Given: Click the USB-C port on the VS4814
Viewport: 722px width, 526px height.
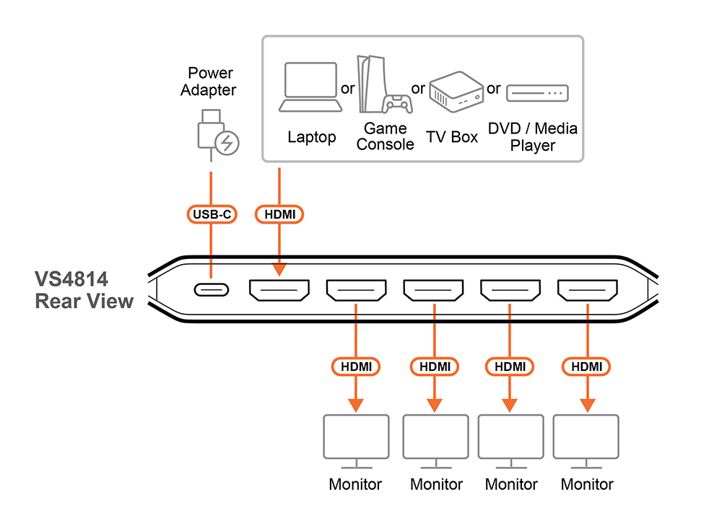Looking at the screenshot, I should pos(211,290).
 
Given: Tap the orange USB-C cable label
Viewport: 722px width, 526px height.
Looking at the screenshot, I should pos(211,214).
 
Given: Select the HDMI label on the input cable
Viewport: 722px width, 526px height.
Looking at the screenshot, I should pos(279,214).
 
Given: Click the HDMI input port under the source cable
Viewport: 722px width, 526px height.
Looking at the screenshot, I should pos(279,290).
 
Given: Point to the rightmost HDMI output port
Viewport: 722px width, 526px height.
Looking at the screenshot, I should pos(586,290).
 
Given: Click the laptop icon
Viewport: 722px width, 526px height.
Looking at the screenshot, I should pos(310,87).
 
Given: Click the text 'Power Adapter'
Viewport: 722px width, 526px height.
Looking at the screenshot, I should pos(209,82).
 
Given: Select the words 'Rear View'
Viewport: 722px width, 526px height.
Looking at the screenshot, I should pos(84,300).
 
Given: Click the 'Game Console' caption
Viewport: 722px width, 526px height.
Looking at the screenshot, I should pos(385,136).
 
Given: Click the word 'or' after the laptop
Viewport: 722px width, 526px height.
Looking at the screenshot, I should pos(348,88).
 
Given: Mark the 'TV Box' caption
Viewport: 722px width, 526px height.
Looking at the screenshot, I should pos(452,137).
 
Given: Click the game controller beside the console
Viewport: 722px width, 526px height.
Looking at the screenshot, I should pos(396,104).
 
